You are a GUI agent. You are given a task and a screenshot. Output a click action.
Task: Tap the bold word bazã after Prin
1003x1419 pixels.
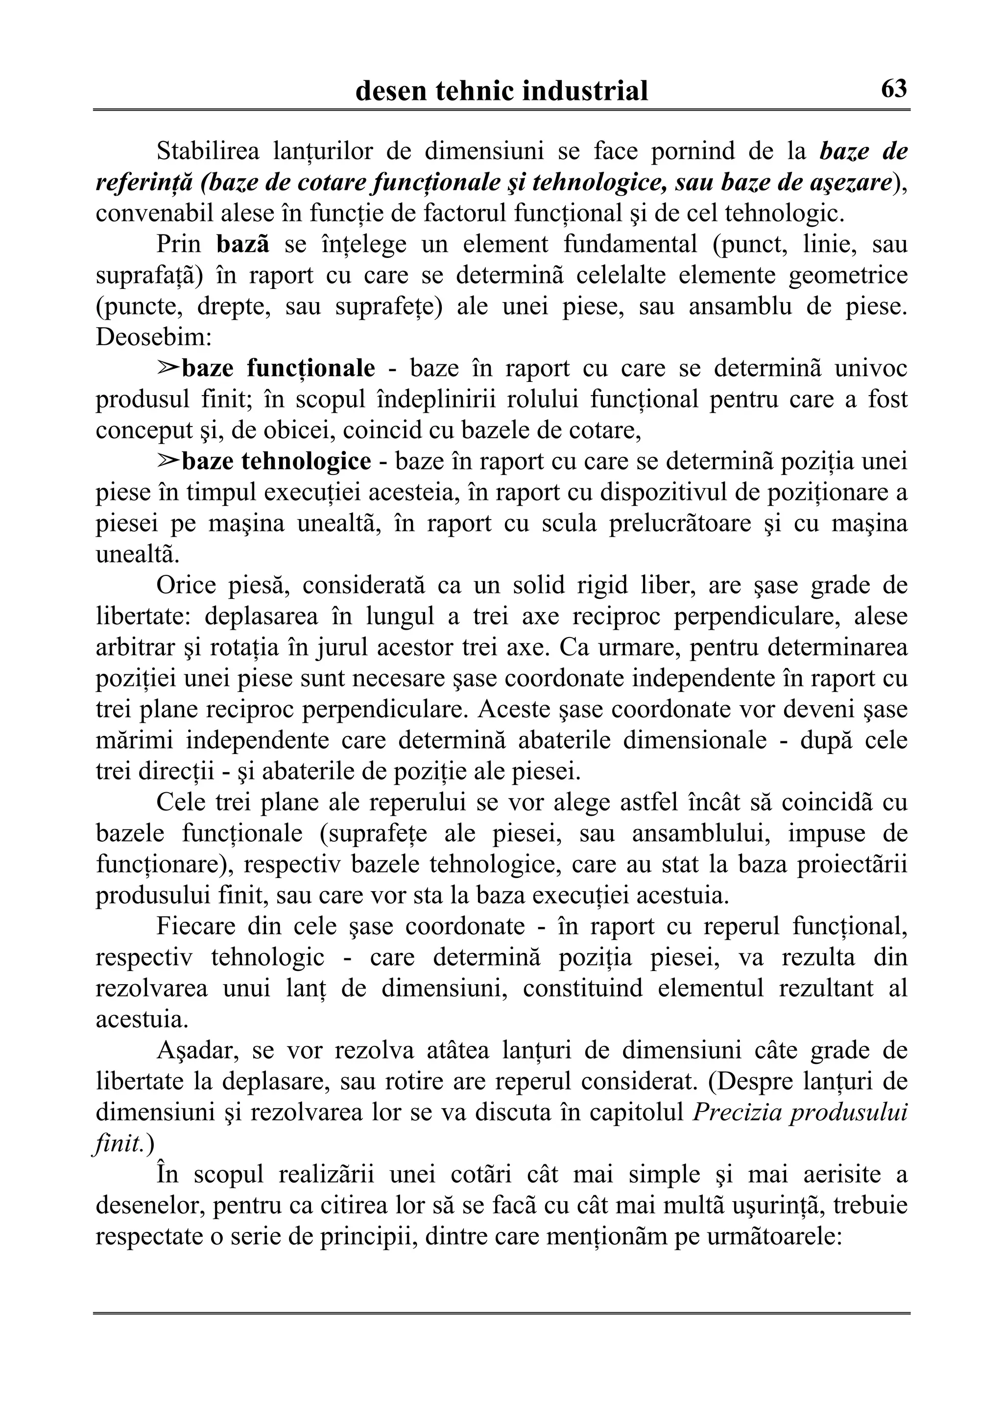click(x=243, y=244)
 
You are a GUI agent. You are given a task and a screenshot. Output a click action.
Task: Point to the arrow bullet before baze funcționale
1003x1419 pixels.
click(x=167, y=368)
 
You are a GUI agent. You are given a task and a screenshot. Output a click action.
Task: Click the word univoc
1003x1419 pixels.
click(x=871, y=368)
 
